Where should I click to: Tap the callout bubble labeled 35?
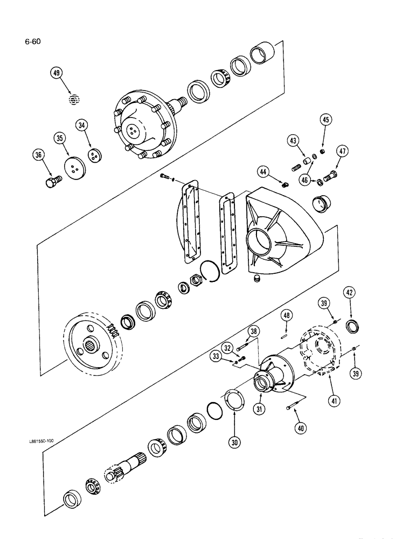[x=59, y=139]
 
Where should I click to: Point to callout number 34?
[x=82, y=126]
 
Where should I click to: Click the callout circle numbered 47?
[x=341, y=151]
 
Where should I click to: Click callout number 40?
[x=299, y=429]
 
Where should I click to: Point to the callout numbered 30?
[x=234, y=441]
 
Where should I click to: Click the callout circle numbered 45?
[x=325, y=120]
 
